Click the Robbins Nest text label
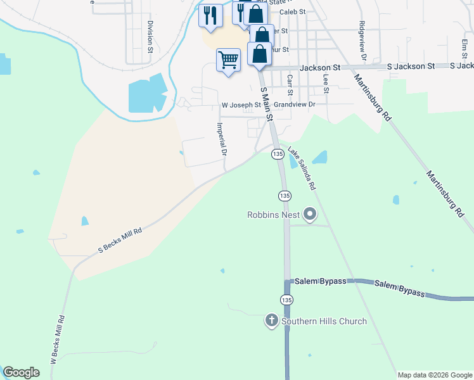[x=273, y=215]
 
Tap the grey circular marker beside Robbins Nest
[x=310, y=215]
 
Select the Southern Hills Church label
[x=324, y=321]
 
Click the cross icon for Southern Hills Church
[x=271, y=321]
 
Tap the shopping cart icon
[x=228, y=60]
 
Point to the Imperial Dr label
[x=222, y=139]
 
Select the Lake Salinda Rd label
[x=302, y=169]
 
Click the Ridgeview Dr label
[x=362, y=41]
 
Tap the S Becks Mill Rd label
[x=120, y=241]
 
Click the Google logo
[x=21, y=372]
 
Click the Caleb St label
[x=293, y=12]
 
